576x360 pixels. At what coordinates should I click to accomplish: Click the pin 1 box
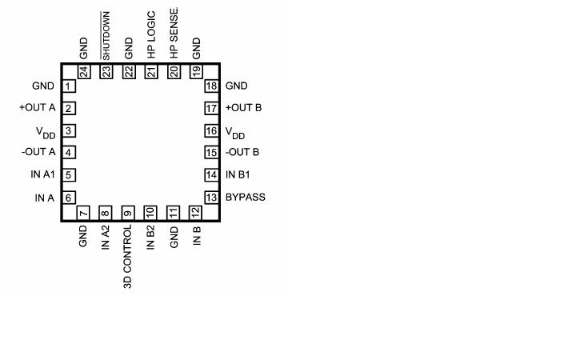pyautogui.click(x=70, y=86)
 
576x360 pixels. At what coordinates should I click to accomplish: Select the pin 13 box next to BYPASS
pyautogui.click(x=211, y=198)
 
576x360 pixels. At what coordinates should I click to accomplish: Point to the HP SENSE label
pyautogui.click(x=174, y=33)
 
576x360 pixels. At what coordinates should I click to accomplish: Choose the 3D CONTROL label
pyautogui.click(x=128, y=257)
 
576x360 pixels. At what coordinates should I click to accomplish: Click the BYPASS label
pyautogui.click(x=246, y=198)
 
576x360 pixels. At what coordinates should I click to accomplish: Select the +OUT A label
pyautogui.click(x=38, y=108)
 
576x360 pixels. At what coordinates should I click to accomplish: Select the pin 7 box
pyautogui.click(x=83, y=213)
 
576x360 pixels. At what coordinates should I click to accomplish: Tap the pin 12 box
pyautogui.click(x=196, y=213)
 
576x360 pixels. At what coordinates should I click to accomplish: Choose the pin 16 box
pyautogui.click(x=211, y=131)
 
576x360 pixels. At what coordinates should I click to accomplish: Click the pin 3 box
pyautogui.click(x=70, y=131)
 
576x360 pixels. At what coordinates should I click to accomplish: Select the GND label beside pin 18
pyautogui.click(x=237, y=86)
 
